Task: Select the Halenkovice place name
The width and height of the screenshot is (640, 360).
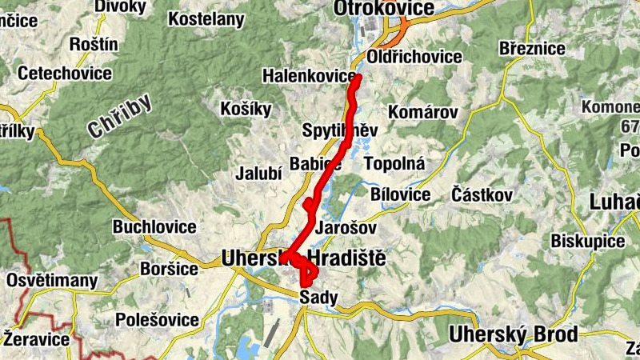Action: coord(309,76)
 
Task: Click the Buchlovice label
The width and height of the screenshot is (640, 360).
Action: coord(154,226)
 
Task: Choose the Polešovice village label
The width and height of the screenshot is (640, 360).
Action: coord(157,320)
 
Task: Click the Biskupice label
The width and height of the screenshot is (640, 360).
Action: coord(587,242)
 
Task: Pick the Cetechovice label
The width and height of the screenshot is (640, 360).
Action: coord(64,74)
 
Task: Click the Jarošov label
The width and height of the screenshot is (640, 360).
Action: coord(346,227)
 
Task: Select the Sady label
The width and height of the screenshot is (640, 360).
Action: coord(318,298)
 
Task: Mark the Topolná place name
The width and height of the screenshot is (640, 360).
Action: coord(394,163)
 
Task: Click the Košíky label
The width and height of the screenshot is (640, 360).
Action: coord(246,110)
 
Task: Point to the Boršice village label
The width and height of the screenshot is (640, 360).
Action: coord(169,268)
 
